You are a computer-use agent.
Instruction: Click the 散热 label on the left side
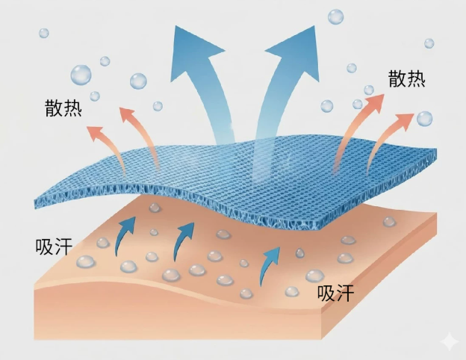click(x=63, y=108)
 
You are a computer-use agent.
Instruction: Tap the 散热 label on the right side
click(x=407, y=78)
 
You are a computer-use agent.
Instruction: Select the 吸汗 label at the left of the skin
click(x=54, y=246)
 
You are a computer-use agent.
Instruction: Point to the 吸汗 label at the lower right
click(x=336, y=293)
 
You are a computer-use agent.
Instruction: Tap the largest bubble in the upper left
click(x=81, y=75)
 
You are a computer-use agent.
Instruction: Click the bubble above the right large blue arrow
click(x=336, y=17)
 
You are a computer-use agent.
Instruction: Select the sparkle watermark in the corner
click(x=450, y=343)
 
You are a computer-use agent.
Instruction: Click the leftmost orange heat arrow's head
click(x=94, y=134)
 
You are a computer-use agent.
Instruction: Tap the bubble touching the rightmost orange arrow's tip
click(x=424, y=119)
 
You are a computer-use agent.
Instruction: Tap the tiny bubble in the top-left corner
click(x=44, y=33)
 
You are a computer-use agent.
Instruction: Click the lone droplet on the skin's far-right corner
click(x=389, y=222)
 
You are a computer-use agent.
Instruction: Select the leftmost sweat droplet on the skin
click(x=86, y=261)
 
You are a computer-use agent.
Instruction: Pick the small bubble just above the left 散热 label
click(x=95, y=96)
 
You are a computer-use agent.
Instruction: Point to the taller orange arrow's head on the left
click(x=128, y=115)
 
